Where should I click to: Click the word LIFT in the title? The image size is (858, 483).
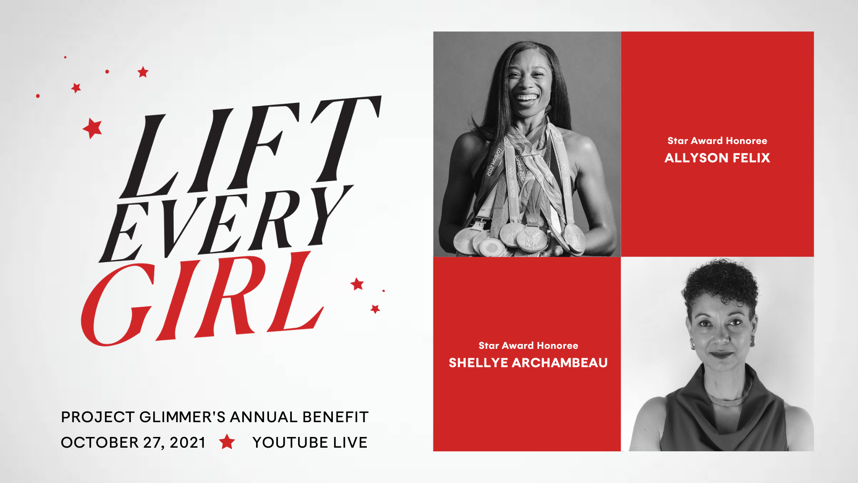click(x=250, y=148)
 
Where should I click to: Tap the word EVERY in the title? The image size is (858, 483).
click(x=226, y=224)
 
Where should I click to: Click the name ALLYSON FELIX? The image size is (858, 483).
click(x=717, y=158)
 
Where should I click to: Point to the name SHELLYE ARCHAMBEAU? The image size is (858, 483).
click(x=528, y=363)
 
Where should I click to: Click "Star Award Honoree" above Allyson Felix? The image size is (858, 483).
click(x=717, y=141)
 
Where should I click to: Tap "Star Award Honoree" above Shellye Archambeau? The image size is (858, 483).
click(x=528, y=346)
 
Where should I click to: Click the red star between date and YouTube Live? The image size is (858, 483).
click(x=227, y=442)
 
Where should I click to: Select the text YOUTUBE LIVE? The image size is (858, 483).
click(x=310, y=443)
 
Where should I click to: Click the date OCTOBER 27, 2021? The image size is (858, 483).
click(x=133, y=443)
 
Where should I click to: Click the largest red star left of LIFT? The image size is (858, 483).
click(x=93, y=128)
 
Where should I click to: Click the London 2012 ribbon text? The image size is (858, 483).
click(x=493, y=161)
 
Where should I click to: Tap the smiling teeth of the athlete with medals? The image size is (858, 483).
click(x=527, y=97)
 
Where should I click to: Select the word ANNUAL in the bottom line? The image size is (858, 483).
click(x=264, y=417)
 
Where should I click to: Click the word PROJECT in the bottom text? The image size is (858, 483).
click(x=98, y=417)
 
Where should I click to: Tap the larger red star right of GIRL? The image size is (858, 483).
click(x=357, y=284)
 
